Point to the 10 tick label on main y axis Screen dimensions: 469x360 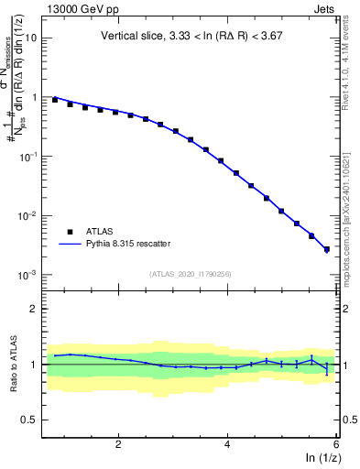[31, 38]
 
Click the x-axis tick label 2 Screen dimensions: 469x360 [118, 445]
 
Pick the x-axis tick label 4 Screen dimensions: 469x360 [227, 445]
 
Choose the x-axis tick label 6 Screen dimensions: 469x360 [335, 445]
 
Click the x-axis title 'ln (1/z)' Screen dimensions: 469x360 [321, 459]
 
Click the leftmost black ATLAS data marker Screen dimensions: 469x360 [55, 99]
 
